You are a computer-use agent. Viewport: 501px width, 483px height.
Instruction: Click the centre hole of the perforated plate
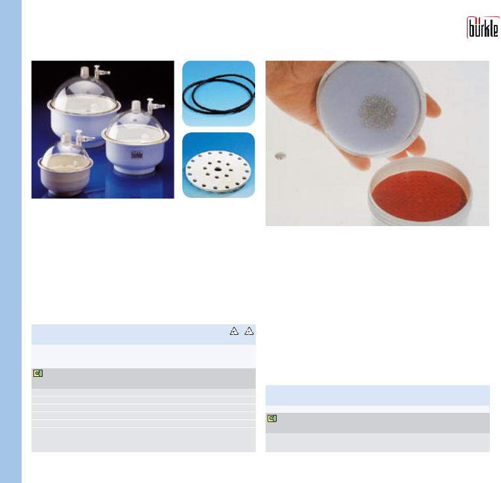click(218, 169)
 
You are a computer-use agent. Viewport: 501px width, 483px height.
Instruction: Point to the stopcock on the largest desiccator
click(102, 72)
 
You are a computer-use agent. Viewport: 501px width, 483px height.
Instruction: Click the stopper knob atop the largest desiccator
click(85, 71)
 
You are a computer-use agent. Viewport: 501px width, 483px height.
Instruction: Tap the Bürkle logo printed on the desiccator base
click(138, 155)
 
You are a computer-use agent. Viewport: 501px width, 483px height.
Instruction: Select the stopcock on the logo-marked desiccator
click(155, 106)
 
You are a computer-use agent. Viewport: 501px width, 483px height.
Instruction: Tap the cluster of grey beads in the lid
click(378, 113)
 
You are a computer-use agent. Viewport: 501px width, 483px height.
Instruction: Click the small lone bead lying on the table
click(281, 156)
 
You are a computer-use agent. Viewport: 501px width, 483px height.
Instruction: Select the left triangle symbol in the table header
click(234, 331)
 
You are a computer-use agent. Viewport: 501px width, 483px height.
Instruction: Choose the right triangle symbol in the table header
click(249, 331)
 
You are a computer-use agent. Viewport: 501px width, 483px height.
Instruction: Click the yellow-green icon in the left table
click(37, 373)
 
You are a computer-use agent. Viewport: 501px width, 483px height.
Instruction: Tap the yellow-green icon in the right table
click(272, 418)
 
